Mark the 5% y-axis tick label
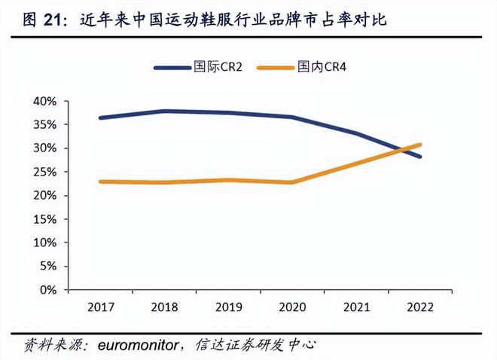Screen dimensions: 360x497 coord(47,266)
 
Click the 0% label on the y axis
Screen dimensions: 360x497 coord(47,290)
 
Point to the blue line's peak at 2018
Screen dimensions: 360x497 coord(164,111)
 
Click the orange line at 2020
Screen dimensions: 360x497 coord(292,182)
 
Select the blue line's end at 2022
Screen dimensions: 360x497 coord(420,157)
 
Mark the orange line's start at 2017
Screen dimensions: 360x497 coord(100,182)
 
